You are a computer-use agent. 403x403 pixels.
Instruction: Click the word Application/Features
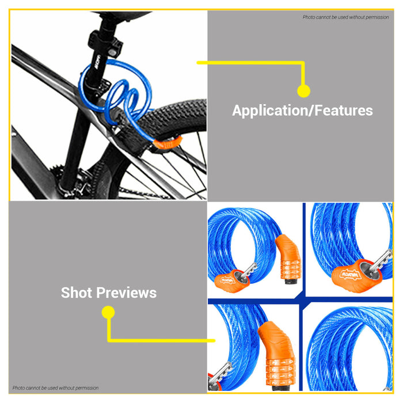click(x=302, y=111)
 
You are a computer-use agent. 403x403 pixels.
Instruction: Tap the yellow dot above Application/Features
click(x=303, y=90)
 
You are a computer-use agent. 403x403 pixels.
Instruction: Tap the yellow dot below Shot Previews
click(x=108, y=313)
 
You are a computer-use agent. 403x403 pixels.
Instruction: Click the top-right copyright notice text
click(x=345, y=17)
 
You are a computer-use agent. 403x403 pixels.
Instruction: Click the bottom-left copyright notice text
click(x=56, y=388)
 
